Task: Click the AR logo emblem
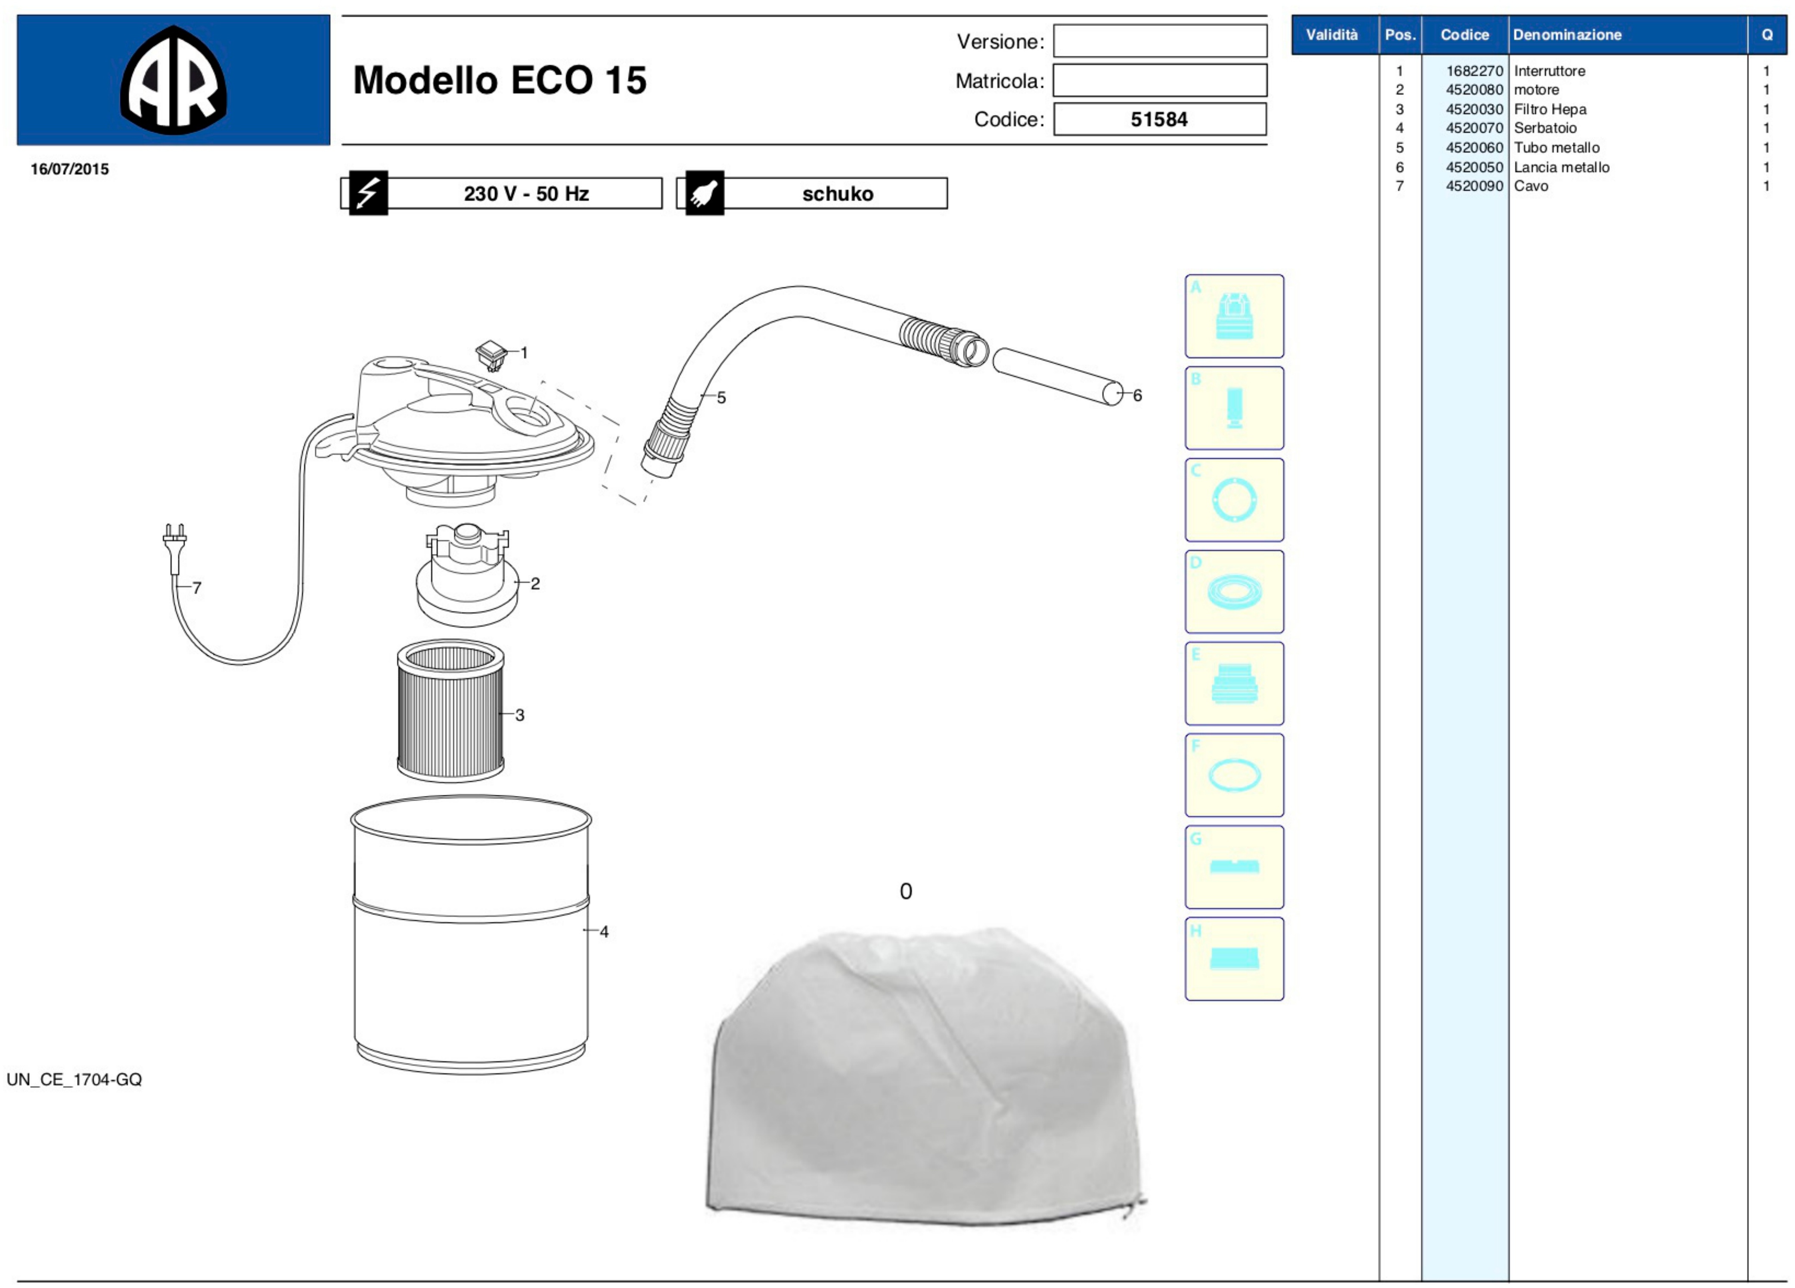(173, 80)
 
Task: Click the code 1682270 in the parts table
(1474, 71)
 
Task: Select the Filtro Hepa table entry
(1550, 109)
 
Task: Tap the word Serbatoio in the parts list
(1545, 128)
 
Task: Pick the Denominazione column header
(1567, 35)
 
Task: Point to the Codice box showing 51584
(1159, 120)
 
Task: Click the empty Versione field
(1159, 41)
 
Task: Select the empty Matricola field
(1159, 80)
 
